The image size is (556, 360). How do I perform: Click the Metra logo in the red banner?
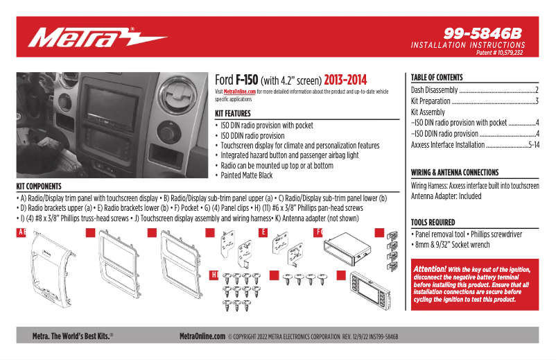pos(97,37)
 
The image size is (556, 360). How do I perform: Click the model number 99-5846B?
pos(483,33)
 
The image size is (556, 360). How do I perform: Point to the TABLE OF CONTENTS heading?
pos(437,78)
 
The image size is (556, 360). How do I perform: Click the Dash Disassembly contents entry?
pos(434,90)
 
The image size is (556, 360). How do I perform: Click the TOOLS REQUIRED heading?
pos(433,223)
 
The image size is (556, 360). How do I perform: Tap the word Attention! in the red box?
pos(430,268)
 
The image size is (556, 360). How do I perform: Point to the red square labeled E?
pos(263,232)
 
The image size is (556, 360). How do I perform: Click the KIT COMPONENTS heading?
pos(39,187)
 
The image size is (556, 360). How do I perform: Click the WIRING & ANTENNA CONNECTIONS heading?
pos(454,172)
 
